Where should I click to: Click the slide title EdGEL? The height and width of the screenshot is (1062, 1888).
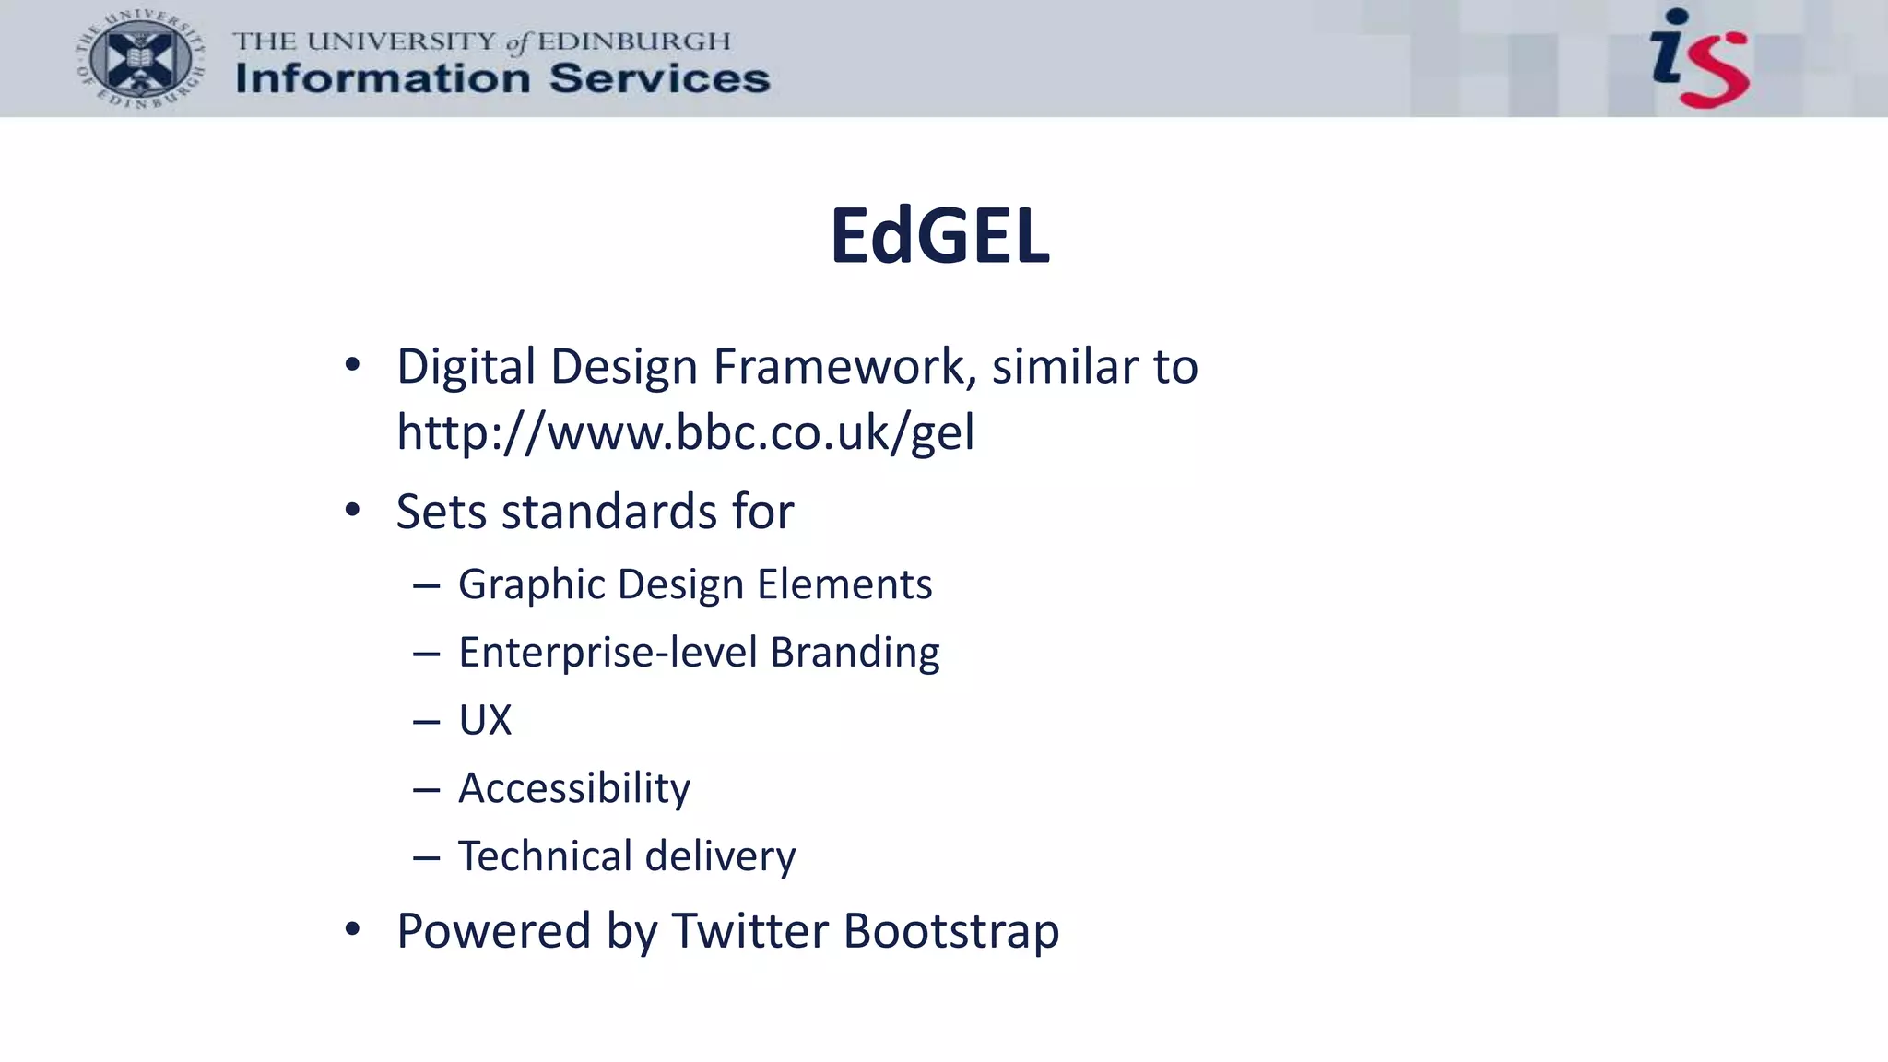tap(939, 236)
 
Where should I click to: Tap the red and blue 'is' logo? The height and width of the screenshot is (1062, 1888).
tap(1700, 58)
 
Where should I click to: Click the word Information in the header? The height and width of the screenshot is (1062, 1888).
tap(382, 79)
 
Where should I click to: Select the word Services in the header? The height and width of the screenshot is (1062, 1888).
tap(659, 79)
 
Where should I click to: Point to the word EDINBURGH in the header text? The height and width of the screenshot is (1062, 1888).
tap(634, 41)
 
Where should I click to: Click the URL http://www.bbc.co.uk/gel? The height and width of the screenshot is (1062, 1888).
tap(685, 431)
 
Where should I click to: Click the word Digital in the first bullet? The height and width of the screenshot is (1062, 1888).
tap(466, 367)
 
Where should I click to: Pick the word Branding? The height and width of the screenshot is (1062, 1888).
tap(855, 653)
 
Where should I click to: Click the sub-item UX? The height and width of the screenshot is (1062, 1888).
tap(485, 720)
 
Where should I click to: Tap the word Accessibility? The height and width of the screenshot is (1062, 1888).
tap(573, 788)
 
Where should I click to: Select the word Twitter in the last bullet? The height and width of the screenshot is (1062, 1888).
tap(749, 930)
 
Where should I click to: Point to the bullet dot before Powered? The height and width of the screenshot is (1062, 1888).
tap(352, 929)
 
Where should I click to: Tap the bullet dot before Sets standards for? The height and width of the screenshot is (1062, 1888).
tap(352, 511)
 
